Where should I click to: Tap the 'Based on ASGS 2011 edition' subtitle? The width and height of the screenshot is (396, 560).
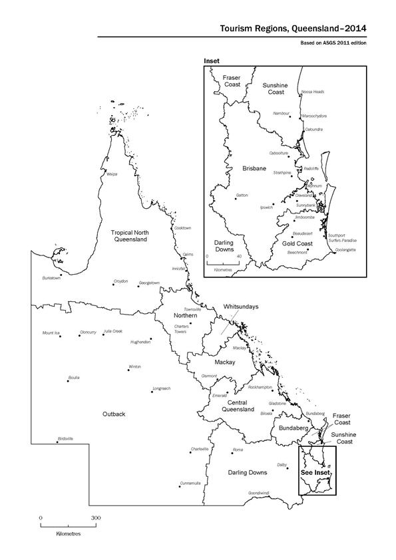(x=334, y=43)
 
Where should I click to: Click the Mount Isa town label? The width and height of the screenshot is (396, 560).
(x=51, y=332)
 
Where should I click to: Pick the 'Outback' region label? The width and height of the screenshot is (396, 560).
(x=114, y=414)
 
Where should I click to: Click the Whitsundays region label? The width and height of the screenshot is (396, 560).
(x=240, y=307)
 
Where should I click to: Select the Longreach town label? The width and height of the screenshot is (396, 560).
(x=162, y=388)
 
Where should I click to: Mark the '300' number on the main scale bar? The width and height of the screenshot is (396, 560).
(x=96, y=517)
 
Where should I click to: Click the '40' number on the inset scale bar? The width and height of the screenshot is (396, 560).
(x=238, y=256)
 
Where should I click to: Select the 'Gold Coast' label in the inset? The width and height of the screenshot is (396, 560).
(x=297, y=244)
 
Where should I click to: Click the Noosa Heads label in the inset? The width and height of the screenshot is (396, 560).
(x=312, y=92)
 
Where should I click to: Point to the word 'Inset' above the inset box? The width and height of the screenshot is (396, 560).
(x=210, y=60)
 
